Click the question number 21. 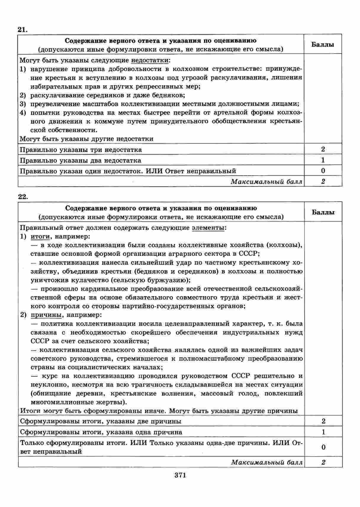click(x=23, y=29)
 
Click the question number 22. click(x=23, y=197)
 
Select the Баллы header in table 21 click(x=323, y=44)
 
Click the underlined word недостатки click(x=150, y=60)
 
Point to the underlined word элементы click(x=208, y=228)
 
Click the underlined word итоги click(x=40, y=237)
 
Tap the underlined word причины click(x=44, y=315)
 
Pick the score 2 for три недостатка click(x=323, y=149)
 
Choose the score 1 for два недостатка click(x=323, y=160)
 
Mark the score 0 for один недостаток click(x=323, y=171)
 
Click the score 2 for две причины click(x=323, y=421)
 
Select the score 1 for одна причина click(x=323, y=432)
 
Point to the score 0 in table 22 click(x=323, y=447)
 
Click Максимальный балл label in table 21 click(x=266, y=182)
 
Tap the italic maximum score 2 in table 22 click(x=323, y=463)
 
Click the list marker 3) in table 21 click(x=23, y=104)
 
